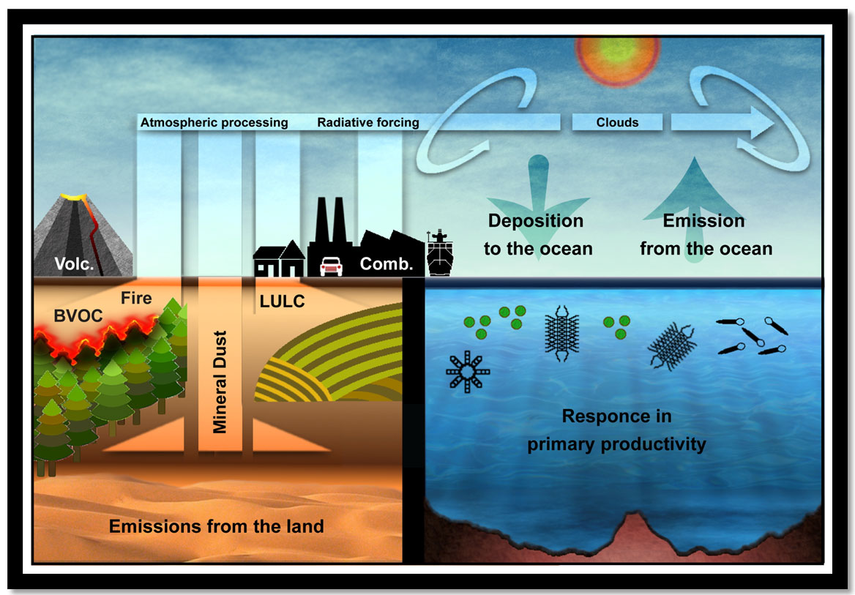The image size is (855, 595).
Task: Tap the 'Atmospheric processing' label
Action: point(214,122)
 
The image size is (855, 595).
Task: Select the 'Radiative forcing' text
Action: point(367,122)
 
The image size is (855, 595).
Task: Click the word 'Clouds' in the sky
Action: point(617,122)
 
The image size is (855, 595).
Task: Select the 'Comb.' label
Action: point(387,264)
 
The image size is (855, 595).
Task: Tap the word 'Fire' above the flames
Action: point(136,298)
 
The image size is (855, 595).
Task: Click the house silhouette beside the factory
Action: point(279,260)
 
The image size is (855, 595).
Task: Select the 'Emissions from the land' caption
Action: point(216,525)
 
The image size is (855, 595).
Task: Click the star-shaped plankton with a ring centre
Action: point(467,372)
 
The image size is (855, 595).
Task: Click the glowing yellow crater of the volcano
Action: point(72,198)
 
